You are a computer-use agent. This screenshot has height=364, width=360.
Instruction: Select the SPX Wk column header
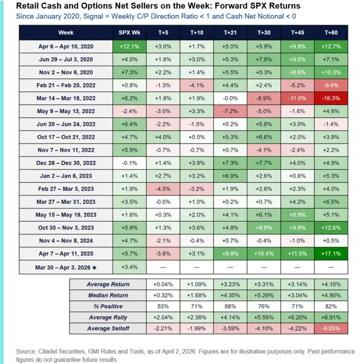pyautogui.click(x=129, y=33)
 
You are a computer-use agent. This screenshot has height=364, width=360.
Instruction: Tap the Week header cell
pyautogui.click(x=66, y=33)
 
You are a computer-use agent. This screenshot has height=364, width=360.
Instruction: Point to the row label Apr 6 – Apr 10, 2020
pyautogui.click(x=66, y=47)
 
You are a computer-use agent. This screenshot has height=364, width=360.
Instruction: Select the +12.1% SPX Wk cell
pyautogui.click(x=129, y=47)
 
